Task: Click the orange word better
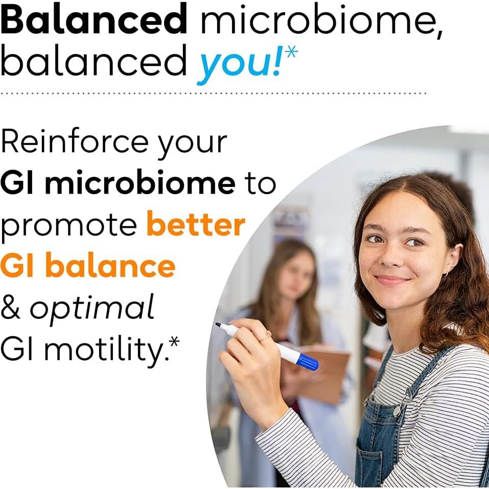point(196,225)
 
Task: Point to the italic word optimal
point(92,308)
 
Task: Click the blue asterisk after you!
point(291,53)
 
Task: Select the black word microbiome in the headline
point(321,21)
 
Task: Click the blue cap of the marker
point(308,362)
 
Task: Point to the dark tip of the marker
point(218,324)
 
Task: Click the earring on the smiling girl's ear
point(446,274)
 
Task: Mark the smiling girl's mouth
point(392,280)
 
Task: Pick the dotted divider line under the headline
point(214,94)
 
